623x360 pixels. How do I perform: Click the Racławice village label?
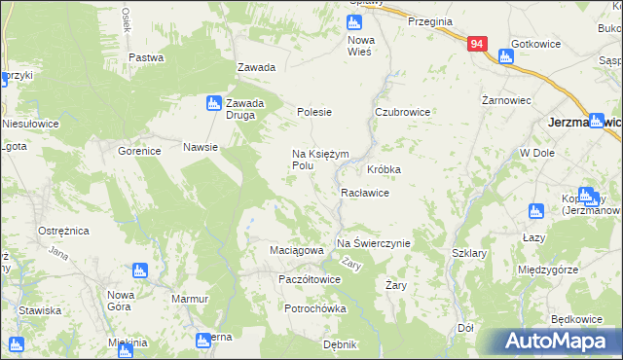(365, 193)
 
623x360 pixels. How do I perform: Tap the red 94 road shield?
(476, 45)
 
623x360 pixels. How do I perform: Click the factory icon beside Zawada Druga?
(213, 102)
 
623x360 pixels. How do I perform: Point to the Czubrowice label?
(403, 113)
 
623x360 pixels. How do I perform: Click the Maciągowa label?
(296, 251)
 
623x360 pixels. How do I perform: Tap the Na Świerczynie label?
(374, 243)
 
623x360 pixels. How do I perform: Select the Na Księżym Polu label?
(316, 160)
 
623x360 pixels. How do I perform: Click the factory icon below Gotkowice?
(505, 56)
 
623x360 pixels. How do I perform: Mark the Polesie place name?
(314, 113)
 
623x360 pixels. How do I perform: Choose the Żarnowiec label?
(506, 99)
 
